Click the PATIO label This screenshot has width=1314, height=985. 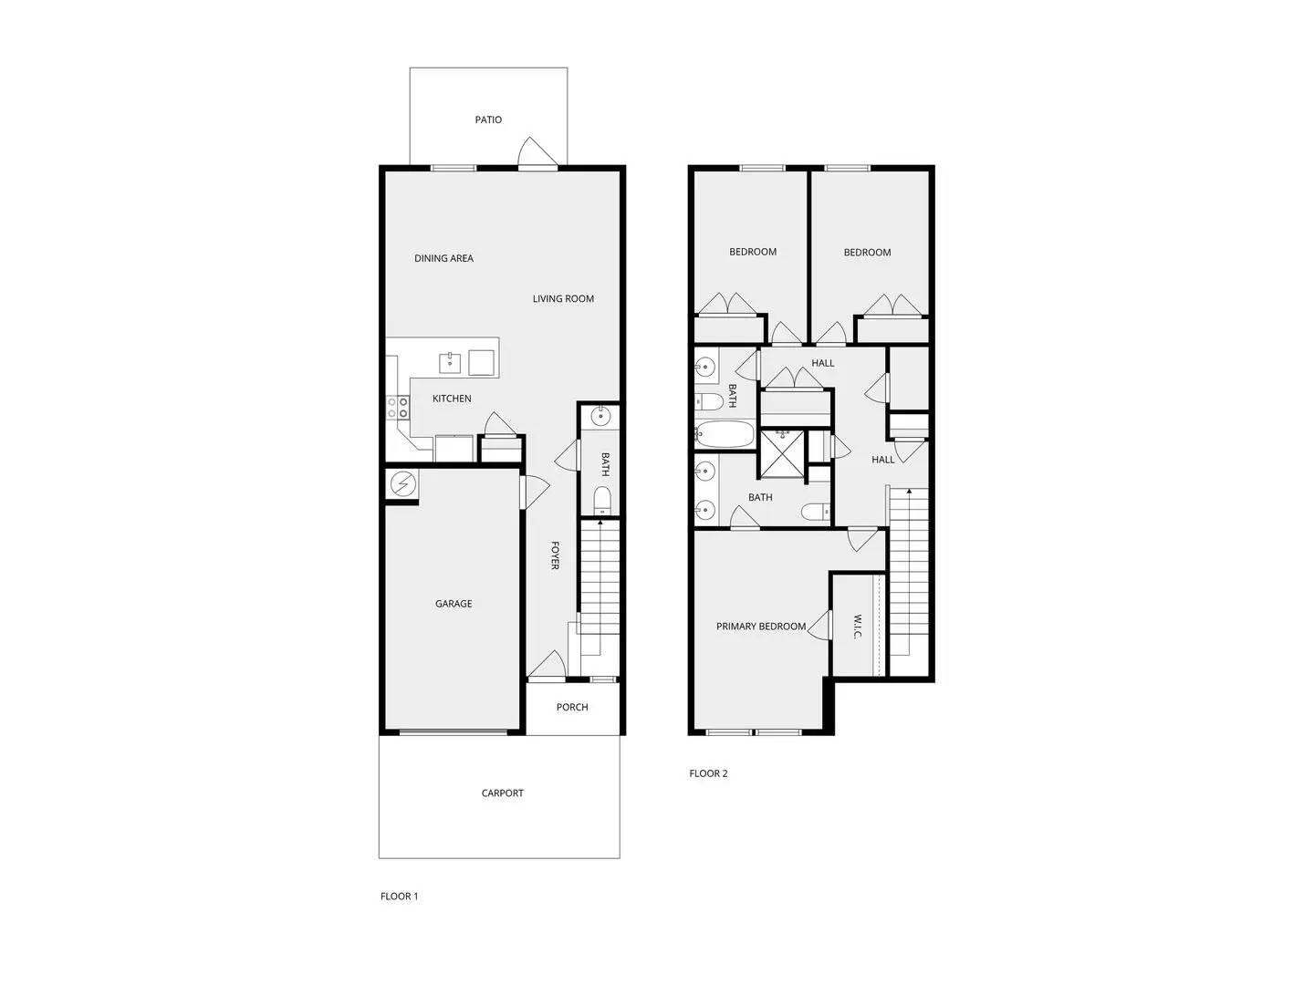click(x=488, y=119)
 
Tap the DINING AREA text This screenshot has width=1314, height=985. click(x=443, y=258)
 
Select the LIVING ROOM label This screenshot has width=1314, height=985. click(x=563, y=298)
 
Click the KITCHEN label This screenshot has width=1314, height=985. click(x=452, y=399)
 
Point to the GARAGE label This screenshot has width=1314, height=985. click(x=454, y=604)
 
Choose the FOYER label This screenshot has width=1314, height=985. click(x=555, y=555)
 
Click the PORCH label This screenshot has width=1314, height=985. click(x=572, y=707)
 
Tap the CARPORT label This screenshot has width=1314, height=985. click(x=503, y=793)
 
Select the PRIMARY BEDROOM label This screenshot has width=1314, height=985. click(x=760, y=627)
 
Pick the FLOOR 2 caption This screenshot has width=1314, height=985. click(x=708, y=773)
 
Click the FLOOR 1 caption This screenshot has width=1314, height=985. click(x=399, y=897)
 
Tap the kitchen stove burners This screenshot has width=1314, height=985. click(x=397, y=408)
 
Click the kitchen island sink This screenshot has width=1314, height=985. click(x=451, y=363)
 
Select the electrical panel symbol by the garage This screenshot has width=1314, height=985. click(x=401, y=483)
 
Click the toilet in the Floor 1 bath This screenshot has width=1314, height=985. click(x=601, y=499)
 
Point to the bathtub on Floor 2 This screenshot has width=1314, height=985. click(x=725, y=434)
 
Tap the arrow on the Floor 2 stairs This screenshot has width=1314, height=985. click(x=908, y=494)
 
